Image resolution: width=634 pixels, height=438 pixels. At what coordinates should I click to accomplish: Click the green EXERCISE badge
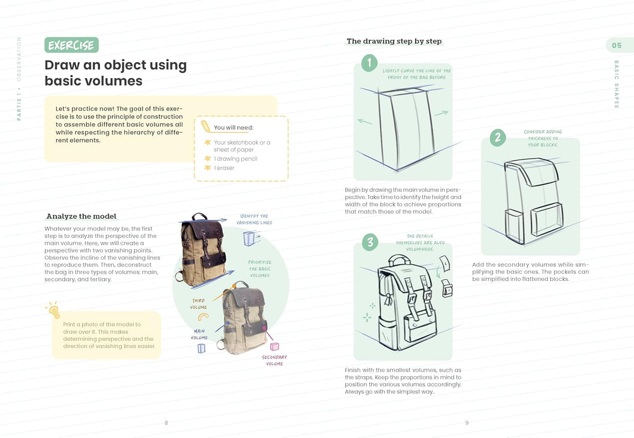pos(71,45)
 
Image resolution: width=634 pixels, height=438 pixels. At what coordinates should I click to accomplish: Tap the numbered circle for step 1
pos(369,63)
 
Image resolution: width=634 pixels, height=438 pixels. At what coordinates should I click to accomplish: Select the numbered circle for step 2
pos(497,137)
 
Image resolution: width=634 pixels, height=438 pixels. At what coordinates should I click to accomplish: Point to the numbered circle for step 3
pos(370,242)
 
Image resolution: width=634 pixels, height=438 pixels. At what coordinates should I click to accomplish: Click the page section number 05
pos(617,45)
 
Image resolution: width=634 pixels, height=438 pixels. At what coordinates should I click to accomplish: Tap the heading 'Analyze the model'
pos(81,216)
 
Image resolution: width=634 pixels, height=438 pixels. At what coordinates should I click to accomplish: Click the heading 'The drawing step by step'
pos(394,41)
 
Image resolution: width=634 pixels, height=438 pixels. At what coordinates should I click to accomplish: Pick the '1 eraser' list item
pos(224,168)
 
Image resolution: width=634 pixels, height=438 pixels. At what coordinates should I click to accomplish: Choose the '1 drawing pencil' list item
pos(236,159)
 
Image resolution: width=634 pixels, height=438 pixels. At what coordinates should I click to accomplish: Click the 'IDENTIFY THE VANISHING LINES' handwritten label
pos(254,219)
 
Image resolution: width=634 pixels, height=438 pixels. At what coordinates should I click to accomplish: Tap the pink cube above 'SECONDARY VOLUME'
pos(274,346)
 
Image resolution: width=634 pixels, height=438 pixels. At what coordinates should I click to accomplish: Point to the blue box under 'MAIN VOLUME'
pos(201,348)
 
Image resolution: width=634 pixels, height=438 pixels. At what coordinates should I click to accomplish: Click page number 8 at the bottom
pos(166,423)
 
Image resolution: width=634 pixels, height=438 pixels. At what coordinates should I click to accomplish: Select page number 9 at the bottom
pos(467,423)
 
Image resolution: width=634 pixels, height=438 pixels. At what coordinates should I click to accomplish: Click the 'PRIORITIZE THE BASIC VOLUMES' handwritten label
pos(260,268)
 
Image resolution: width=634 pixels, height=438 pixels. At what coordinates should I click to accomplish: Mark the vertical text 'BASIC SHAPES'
pos(616,84)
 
